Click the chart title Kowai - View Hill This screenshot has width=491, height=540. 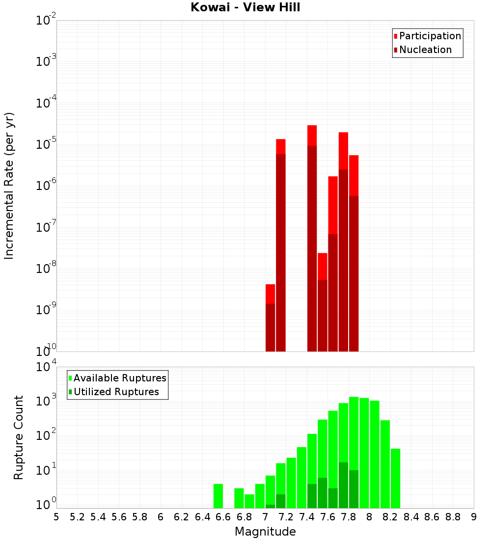245,8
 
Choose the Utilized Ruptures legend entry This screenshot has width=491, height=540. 116,392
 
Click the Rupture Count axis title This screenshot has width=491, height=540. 19,437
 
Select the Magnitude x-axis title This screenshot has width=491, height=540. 265,532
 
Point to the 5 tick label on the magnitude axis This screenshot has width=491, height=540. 56,516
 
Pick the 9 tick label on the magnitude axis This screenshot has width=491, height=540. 473,516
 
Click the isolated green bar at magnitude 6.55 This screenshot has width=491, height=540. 218,496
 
